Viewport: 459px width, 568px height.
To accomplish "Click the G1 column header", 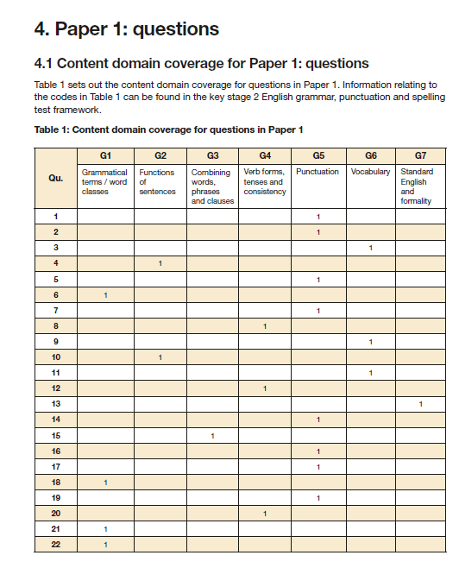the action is (x=105, y=155).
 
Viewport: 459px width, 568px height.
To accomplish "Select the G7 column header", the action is (x=420, y=155).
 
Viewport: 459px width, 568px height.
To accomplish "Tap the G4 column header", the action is (x=265, y=155).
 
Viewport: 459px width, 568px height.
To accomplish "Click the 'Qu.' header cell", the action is (x=56, y=178).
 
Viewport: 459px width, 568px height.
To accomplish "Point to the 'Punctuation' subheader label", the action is (x=318, y=172).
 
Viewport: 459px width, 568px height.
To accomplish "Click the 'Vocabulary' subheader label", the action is (x=370, y=172).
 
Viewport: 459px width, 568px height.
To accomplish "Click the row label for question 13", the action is (x=56, y=404).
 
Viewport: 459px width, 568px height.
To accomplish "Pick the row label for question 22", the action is (x=56, y=544).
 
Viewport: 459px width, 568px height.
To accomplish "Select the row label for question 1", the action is (x=56, y=217).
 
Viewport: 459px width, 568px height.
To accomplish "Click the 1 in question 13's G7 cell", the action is (x=420, y=404).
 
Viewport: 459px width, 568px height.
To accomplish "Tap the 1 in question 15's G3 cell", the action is (x=212, y=435).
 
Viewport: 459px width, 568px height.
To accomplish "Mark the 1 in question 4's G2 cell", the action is (x=160, y=263).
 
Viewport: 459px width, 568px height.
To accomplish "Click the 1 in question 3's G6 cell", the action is (x=370, y=248).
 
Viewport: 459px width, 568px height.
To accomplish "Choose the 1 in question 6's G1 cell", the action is (x=105, y=295).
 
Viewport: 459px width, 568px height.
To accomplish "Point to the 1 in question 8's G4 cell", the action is (x=265, y=326).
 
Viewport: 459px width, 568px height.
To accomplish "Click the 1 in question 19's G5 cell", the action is (x=318, y=497).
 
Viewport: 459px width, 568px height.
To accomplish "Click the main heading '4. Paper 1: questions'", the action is (x=126, y=29).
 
